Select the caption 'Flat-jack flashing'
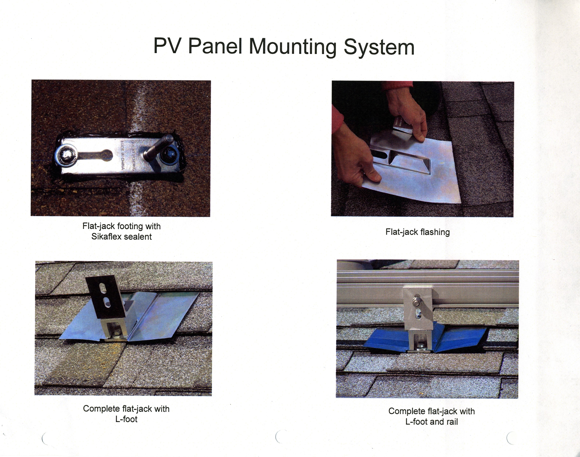point(418,232)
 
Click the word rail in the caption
point(452,422)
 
